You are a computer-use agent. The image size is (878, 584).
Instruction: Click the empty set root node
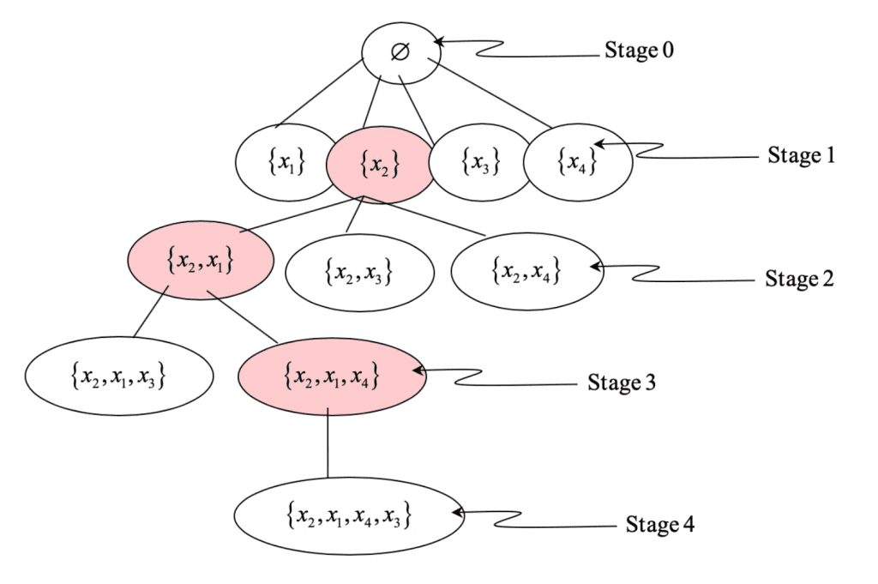pyautogui.click(x=400, y=52)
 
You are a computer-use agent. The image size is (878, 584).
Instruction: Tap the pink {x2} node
pyautogui.click(x=379, y=165)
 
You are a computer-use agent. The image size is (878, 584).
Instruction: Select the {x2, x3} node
pyautogui.click(x=358, y=272)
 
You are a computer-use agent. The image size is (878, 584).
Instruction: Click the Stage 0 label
pyautogui.click(x=640, y=50)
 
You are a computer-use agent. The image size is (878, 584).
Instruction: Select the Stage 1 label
pyautogui.click(x=800, y=156)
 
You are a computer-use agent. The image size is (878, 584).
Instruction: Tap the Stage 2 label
pyautogui.click(x=798, y=280)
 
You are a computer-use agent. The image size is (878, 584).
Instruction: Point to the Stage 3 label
pyautogui.click(x=622, y=382)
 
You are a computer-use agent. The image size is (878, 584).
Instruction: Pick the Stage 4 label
pyautogui.click(x=659, y=524)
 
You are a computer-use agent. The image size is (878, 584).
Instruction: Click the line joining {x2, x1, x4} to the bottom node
pyautogui.click(x=329, y=446)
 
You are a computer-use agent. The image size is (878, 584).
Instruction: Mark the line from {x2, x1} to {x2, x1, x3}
pyautogui.click(x=151, y=317)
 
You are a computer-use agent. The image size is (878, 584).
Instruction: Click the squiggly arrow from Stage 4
pyautogui.click(x=532, y=519)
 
